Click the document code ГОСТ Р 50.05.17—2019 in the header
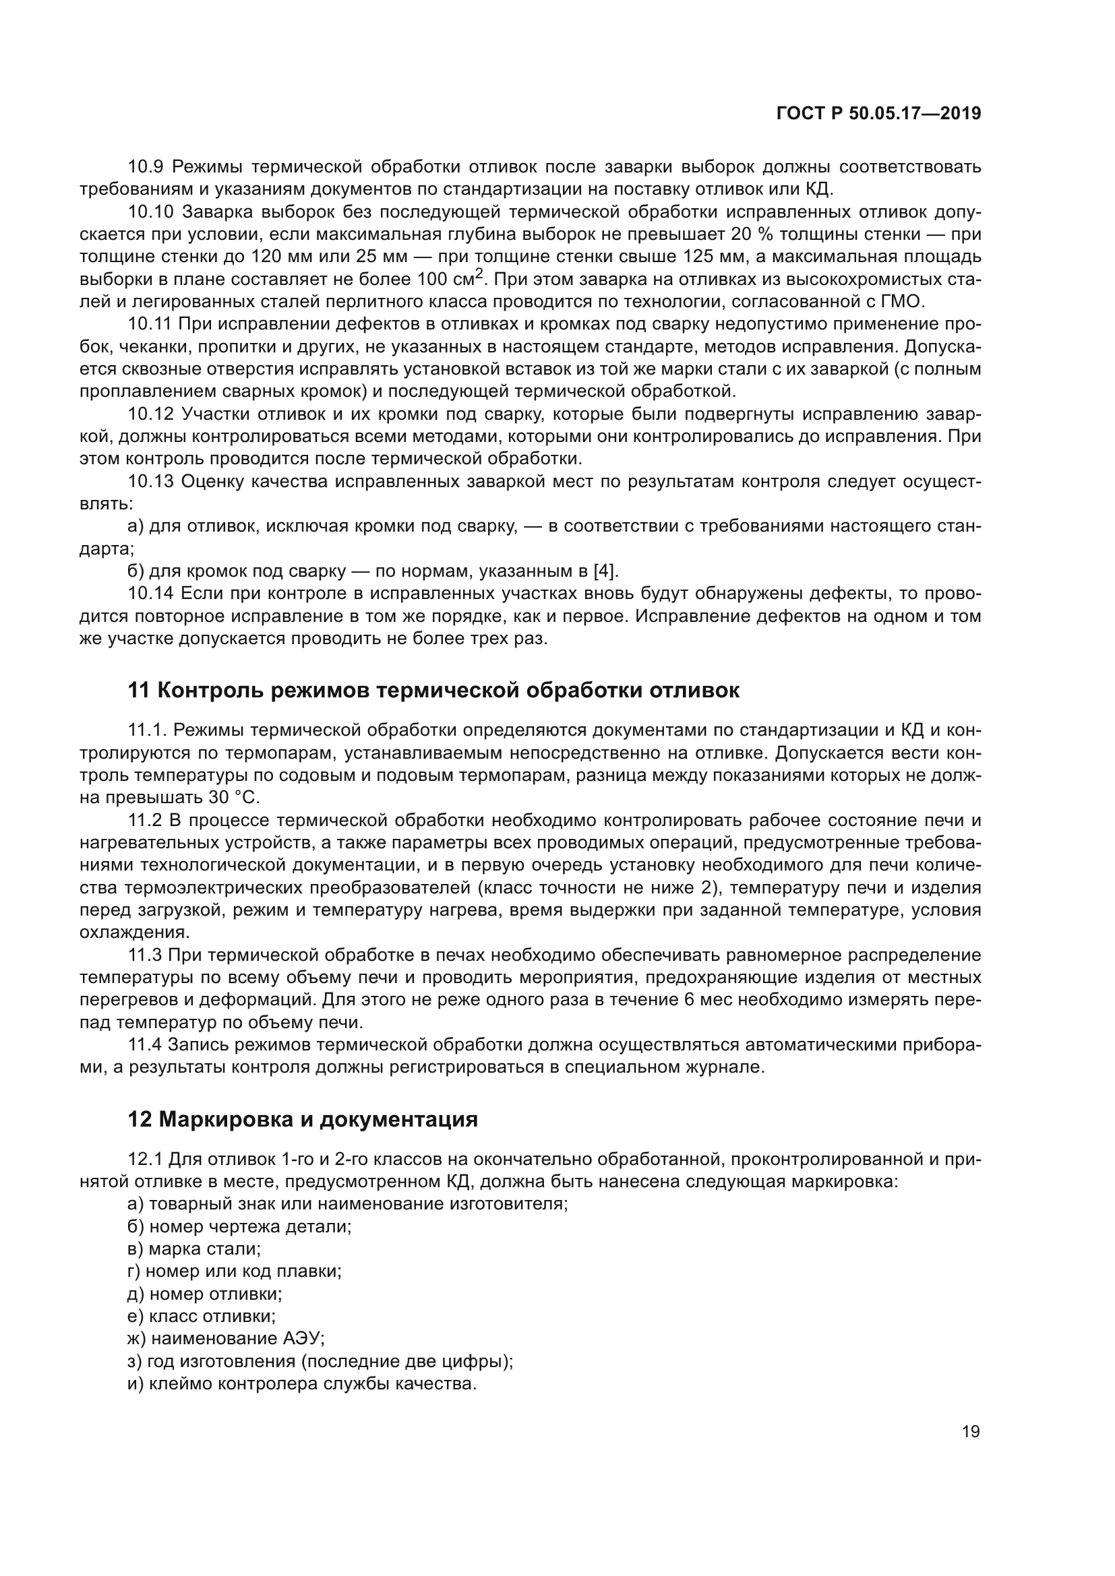(x=878, y=114)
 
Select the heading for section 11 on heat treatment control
(x=434, y=690)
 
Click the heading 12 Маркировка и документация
(x=303, y=1120)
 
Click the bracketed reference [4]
(x=605, y=571)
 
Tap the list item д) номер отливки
(x=206, y=1294)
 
